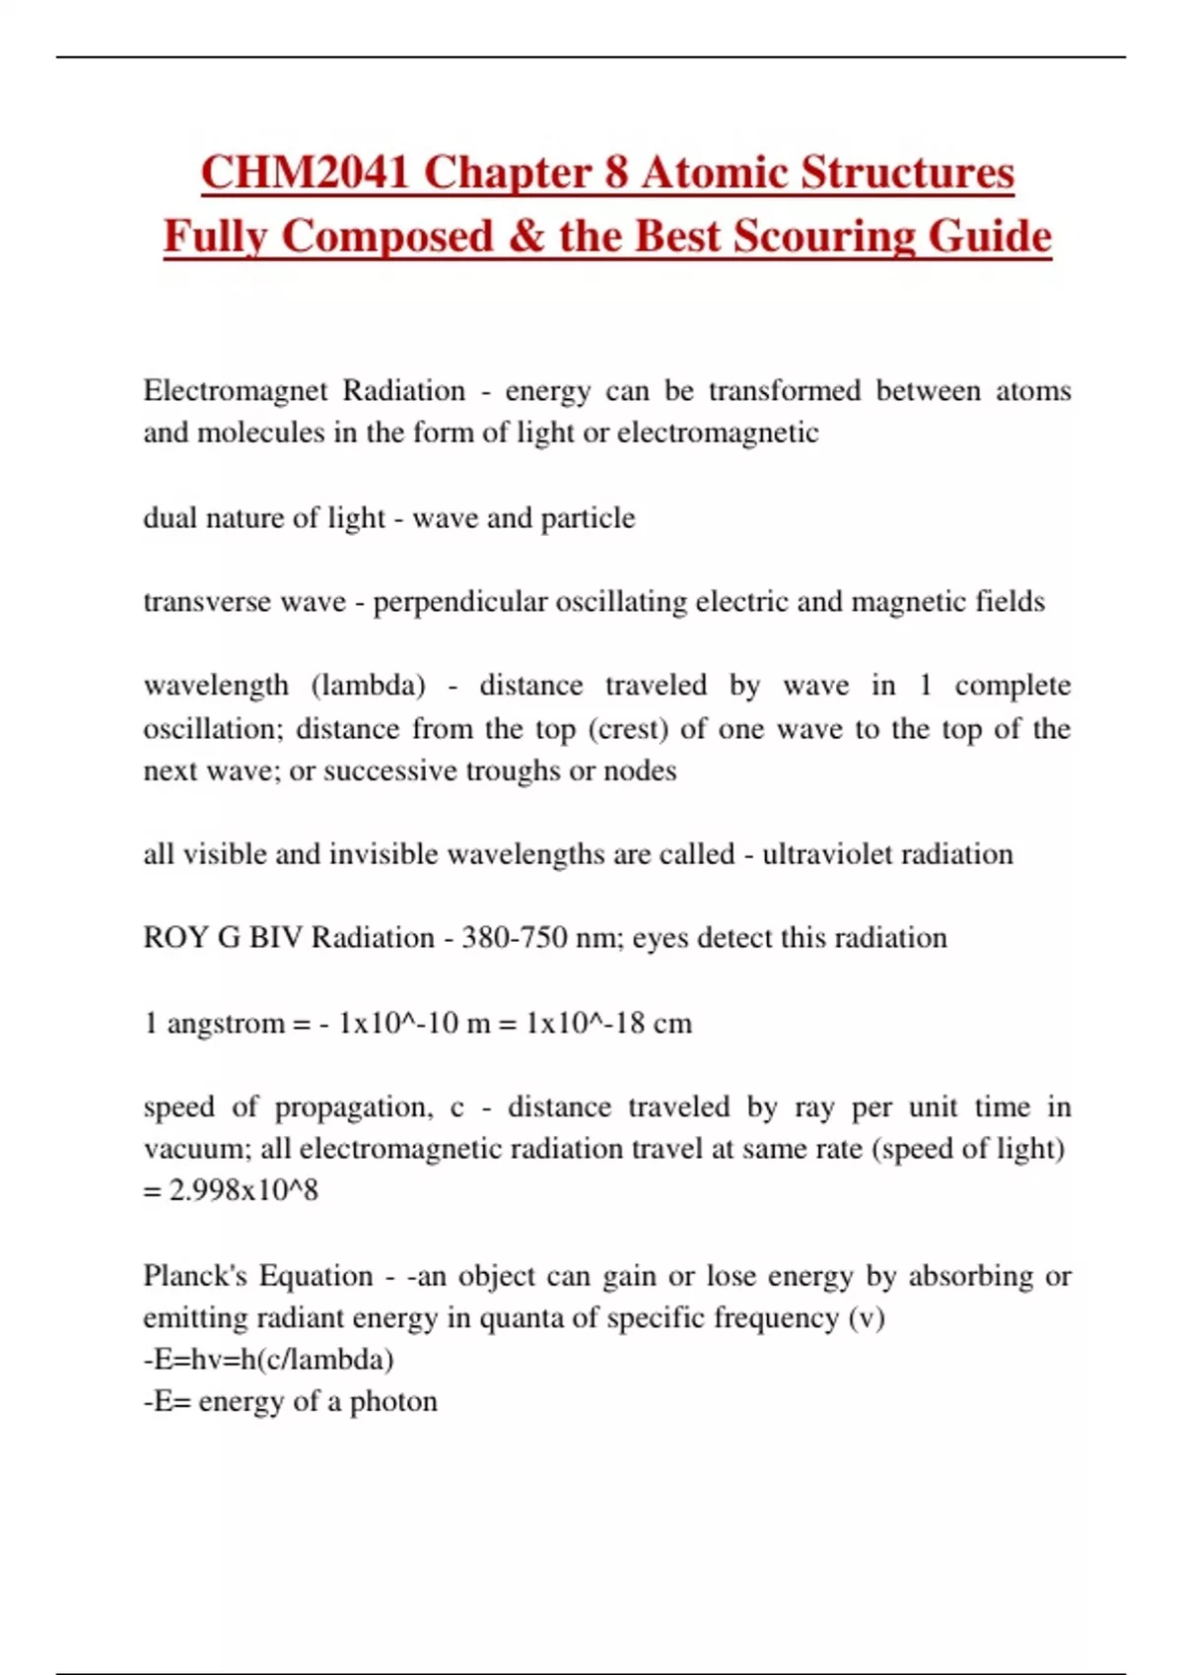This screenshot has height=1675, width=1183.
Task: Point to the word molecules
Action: (260, 434)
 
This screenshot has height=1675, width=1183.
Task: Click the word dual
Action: (170, 518)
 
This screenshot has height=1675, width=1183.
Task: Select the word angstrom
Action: (226, 1024)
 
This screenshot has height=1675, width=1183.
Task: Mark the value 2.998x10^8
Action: (244, 1191)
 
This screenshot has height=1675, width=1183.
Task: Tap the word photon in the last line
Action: (393, 1402)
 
